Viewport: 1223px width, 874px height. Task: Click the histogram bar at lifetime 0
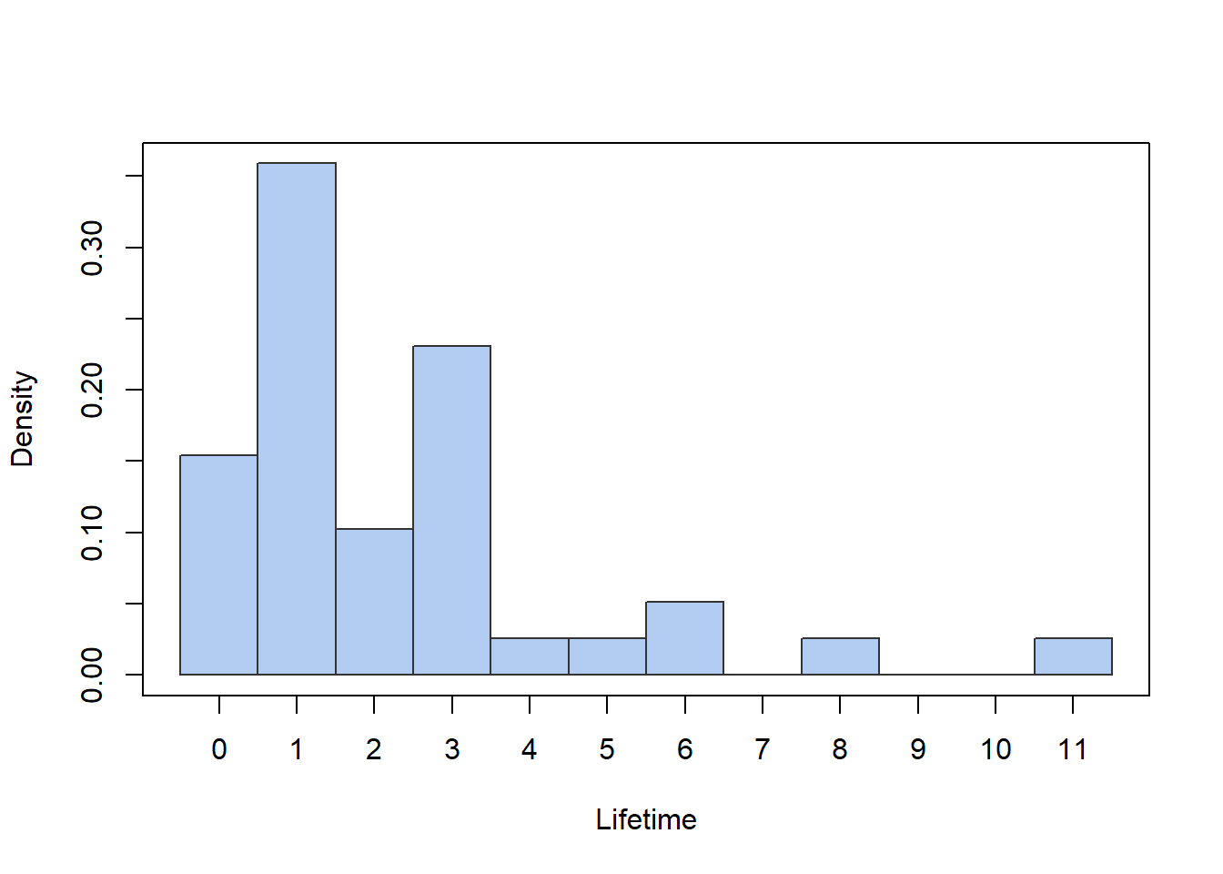[218, 564]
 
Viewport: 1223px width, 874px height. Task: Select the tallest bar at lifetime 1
[297, 419]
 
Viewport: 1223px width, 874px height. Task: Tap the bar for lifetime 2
[374, 601]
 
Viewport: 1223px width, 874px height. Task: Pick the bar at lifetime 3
[451, 510]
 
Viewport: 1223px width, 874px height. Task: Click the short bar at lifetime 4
[530, 656]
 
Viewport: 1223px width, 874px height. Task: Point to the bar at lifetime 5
[607, 656]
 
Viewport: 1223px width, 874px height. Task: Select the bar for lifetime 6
[684, 638]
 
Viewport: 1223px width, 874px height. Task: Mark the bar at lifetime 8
[840, 656]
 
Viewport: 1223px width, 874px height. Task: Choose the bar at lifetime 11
[1073, 656]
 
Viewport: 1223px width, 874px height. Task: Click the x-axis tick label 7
[763, 749]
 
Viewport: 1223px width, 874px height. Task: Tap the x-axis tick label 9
[917, 749]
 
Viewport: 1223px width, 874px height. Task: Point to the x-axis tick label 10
[996, 749]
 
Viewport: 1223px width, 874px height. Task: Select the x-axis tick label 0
[218, 749]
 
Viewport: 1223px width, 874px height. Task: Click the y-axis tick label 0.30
[93, 248]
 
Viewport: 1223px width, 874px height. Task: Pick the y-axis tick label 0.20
[93, 390]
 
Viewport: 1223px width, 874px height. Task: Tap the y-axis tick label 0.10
[93, 533]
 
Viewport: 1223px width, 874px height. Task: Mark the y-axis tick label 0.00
[93, 675]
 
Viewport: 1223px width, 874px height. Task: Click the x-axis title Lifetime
[646, 819]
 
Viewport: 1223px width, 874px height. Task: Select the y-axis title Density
[22, 419]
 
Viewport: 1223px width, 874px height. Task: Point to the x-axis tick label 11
[1073, 749]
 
